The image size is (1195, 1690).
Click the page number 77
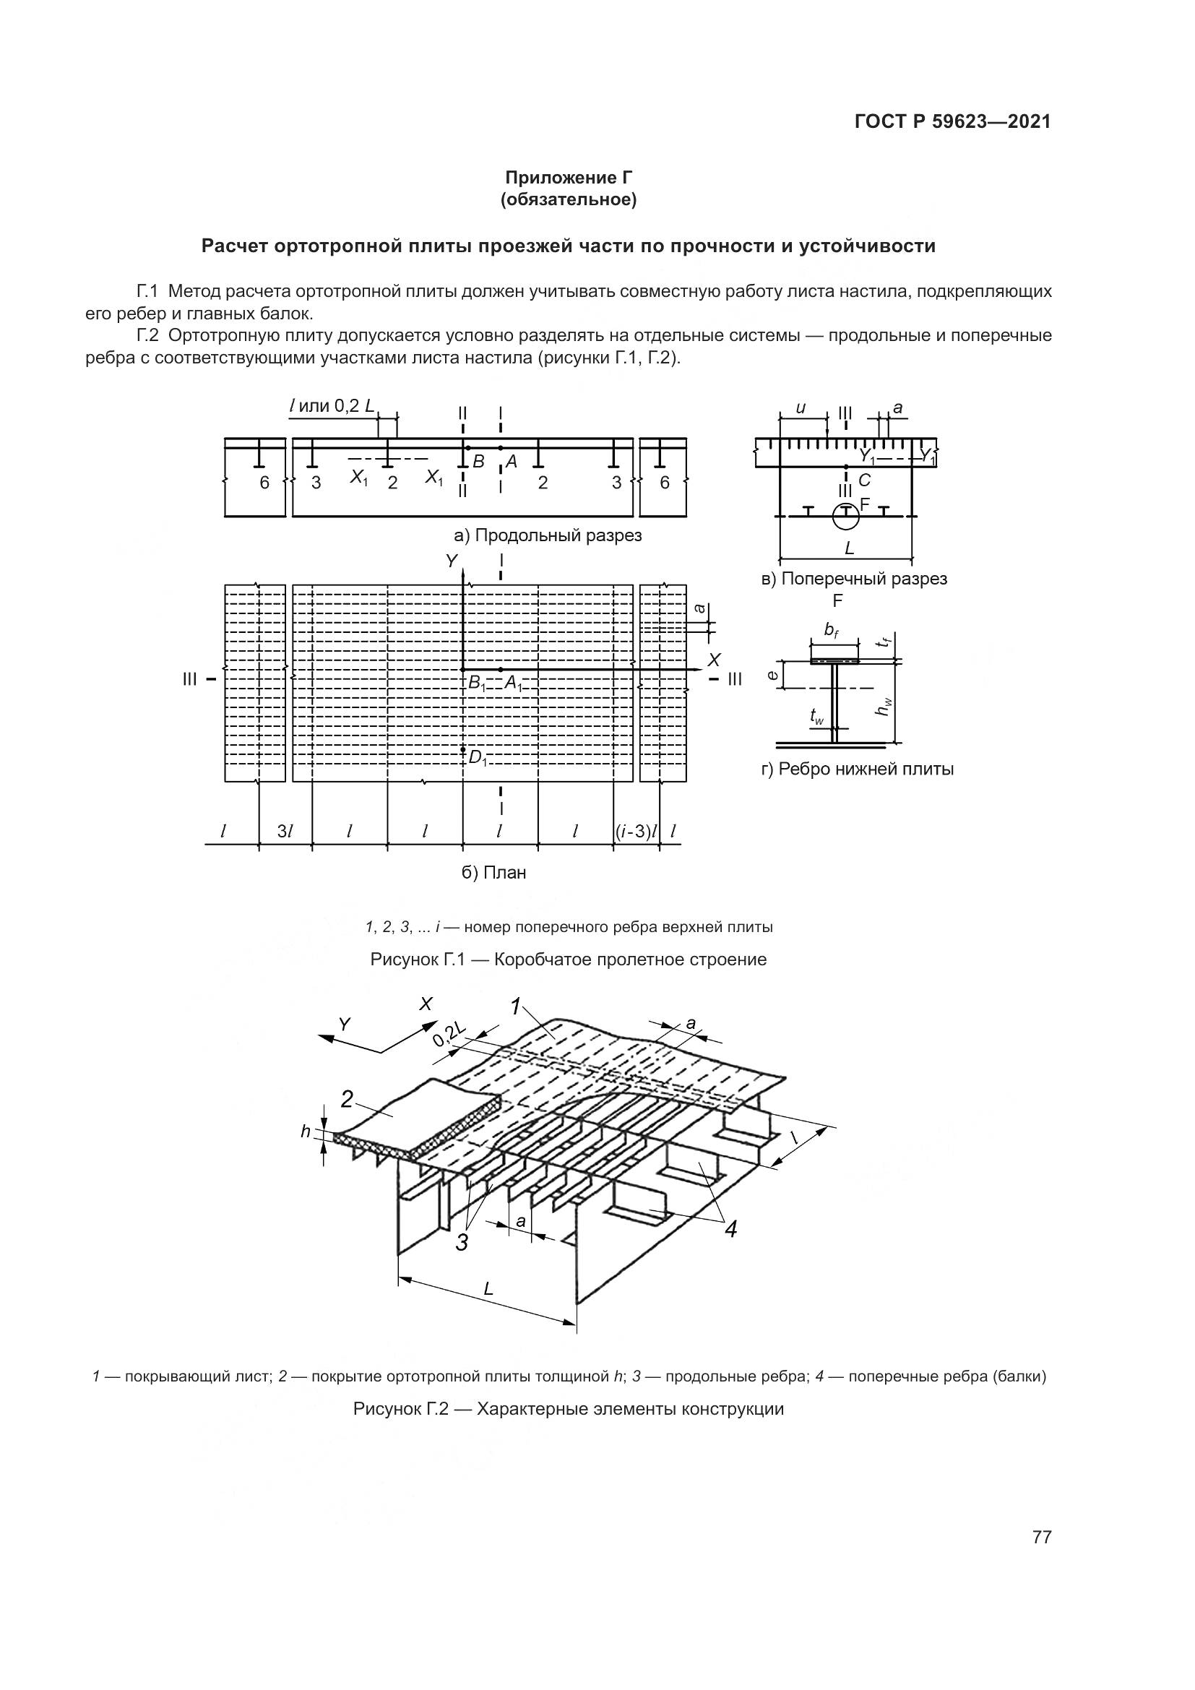pyautogui.click(x=1042, y=1537)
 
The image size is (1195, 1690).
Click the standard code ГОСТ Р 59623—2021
pyautogui.click(x=953, y=122)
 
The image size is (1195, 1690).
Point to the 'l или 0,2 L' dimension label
pyautogui.click(x=332, y=405)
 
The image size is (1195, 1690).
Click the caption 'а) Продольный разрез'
pyautogui.click(x=548, y=535)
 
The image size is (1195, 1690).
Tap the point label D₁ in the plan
pyautogui.click(x=478, y=757)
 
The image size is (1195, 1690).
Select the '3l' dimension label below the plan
pyautogui.click(x=285, y=832)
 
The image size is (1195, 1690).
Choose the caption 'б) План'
pyautogui.click(x=493, y=873)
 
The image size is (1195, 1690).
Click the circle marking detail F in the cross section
pyautogui.click(x=845, y=516)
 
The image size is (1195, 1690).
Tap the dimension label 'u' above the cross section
pyautogui.click(x=801, y=408)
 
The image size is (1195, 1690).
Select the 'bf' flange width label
pyautogui.click(x=832, y=630)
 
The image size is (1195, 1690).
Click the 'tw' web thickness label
pyautogui.click(x=816, y=715)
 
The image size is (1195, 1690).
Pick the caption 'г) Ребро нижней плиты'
pyautogui.click(x=858, y=769)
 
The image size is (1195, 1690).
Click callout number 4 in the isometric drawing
pyautogui.click(x=730, y=1228)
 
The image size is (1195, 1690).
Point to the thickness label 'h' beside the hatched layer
pyautogui.click(x=306, y=1131)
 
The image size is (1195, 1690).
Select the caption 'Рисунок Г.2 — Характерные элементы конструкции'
pyautogui.click(x=568, y=1409)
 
